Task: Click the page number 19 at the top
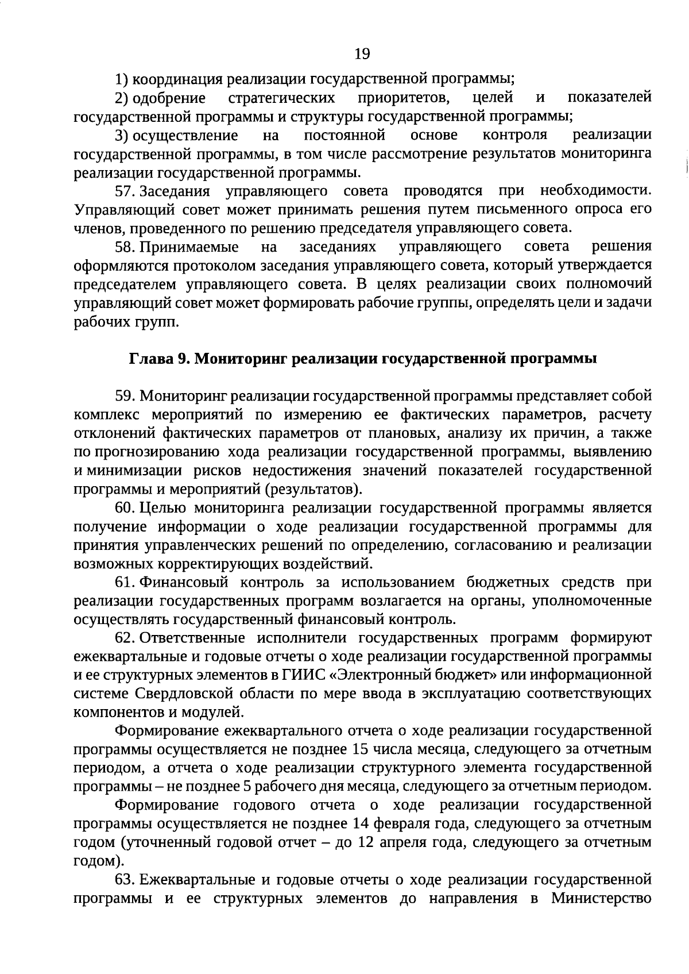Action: click(362, 54)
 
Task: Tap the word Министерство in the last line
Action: click(601, 898)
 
